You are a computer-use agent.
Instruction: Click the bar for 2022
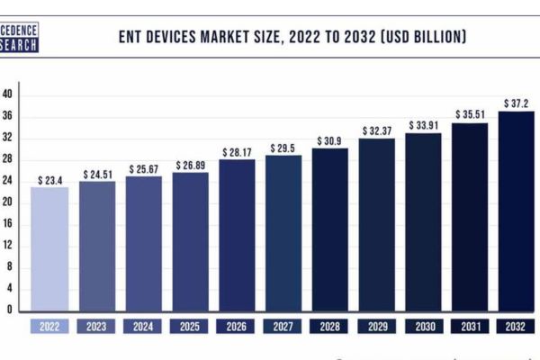50,249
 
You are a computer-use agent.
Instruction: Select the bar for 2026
238,235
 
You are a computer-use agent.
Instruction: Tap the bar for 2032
517,211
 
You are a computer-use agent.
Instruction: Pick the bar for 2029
377,224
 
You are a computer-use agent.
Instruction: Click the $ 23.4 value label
50,180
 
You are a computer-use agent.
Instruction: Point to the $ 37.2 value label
517,103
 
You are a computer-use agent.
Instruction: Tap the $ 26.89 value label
191,166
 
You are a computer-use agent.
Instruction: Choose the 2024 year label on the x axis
144,327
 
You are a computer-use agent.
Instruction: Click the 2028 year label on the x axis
330,327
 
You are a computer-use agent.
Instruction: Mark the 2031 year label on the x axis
470,327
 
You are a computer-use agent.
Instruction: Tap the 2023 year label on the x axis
97,327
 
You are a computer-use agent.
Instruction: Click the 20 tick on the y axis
8,202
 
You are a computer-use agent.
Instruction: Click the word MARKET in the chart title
235,37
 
